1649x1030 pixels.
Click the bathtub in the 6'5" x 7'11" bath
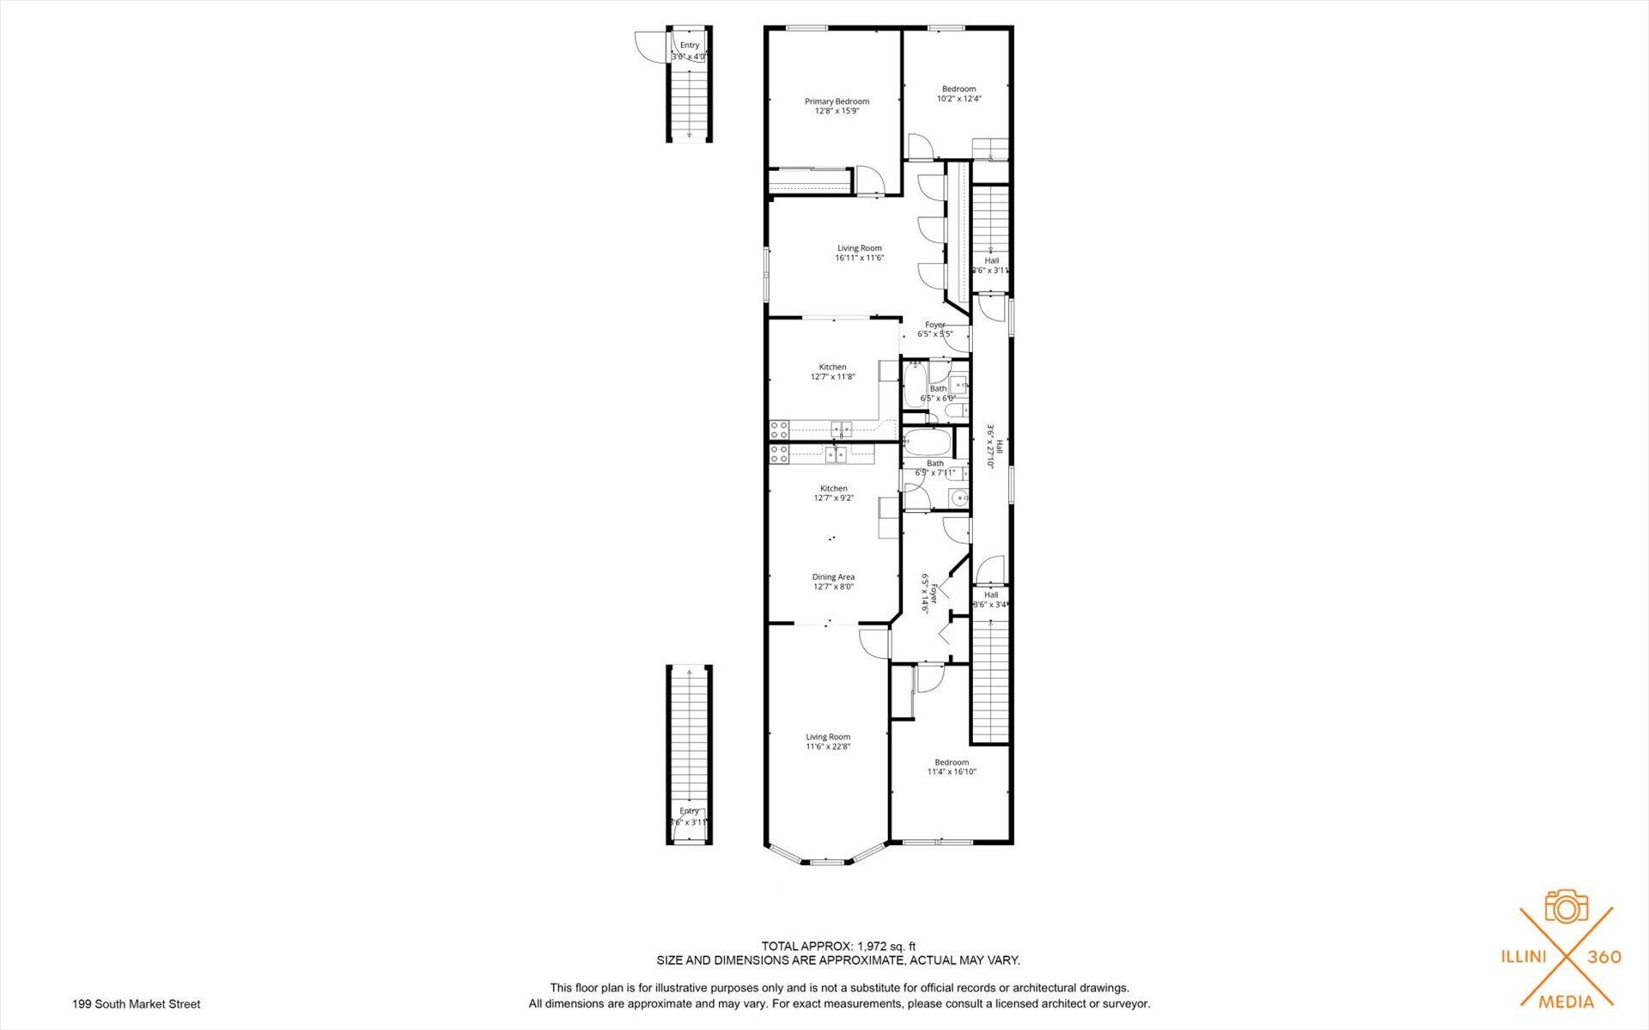tap(928, 444)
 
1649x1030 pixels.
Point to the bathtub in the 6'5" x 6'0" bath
tap(913, 385)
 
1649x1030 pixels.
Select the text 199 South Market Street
tap(137, 1003)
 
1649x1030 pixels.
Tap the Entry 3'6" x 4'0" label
tap(690, 51)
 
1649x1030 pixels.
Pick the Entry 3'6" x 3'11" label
tap(690, 816)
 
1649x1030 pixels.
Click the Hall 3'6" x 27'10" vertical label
tap(995, 445)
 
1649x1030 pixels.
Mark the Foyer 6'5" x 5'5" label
tap(934, 329)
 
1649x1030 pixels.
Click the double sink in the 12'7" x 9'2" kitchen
tap(836, 454)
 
